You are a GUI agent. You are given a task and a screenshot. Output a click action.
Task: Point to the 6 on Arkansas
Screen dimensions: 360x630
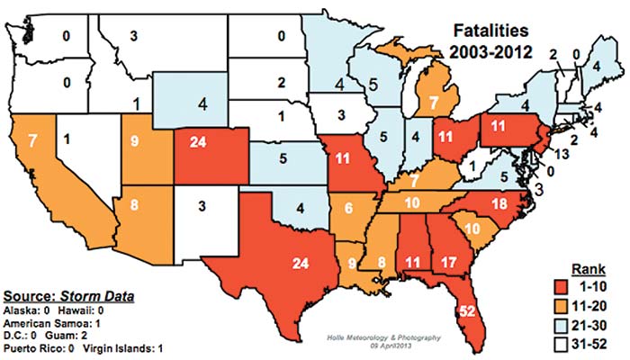coord(348,209)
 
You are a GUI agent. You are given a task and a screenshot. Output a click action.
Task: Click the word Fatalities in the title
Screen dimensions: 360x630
coord(488,31)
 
